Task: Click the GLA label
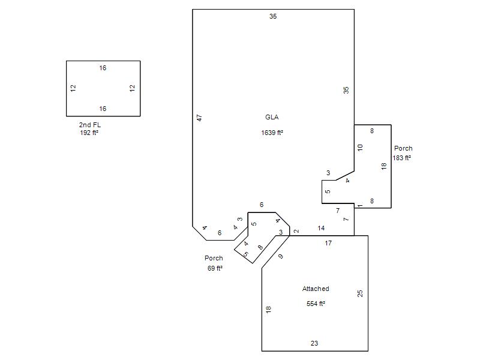[272, 117]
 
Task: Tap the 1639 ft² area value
[272, 133]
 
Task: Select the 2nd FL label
[89, 125]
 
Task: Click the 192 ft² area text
[89, 133]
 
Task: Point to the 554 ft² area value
[316, 304]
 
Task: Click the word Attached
[316, 289]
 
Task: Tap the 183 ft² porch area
[401, 158]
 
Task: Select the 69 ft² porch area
[215, 268]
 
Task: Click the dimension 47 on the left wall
[199, 118]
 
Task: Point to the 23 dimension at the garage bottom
[314, 343]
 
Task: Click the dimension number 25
[360, 293]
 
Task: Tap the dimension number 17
[328, 243]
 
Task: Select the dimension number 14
[321, 228]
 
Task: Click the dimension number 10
[360, 148]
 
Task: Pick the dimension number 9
[281, 257]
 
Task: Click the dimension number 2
[296, 231]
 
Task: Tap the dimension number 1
[360, 206]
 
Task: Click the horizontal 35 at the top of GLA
[273, 16]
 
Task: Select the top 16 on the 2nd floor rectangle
[103, 68]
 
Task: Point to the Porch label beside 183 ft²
[403, 148]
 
